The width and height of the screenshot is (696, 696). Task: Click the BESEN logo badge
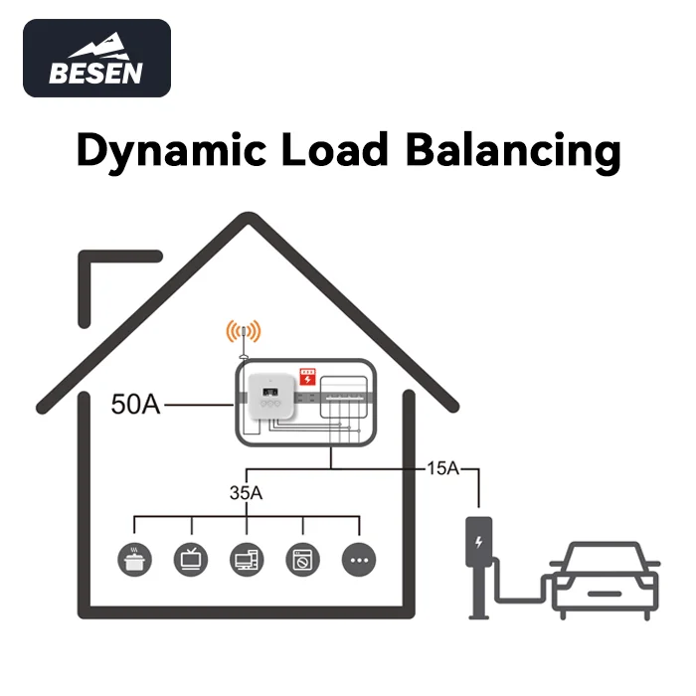[x=96, y=59]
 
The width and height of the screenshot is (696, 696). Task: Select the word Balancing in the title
[x=514, y=152]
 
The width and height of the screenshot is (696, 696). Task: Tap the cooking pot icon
[x=132, y=560]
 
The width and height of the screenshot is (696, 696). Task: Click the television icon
[x=189, y=560]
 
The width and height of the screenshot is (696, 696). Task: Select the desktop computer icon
[x=246, y=560]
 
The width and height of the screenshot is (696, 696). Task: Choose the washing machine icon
[x=302, y=560]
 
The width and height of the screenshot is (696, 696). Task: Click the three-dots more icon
[x=359, y=560]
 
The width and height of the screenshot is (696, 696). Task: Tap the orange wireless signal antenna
[x=243, y=332]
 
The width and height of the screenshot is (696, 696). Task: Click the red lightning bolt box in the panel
[x=308, y=379]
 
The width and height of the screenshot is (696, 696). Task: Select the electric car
[x=605, y=580]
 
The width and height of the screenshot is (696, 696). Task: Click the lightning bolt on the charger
[x=480, y=543]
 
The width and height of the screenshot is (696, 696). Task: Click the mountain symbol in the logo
[x=95, y=47]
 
